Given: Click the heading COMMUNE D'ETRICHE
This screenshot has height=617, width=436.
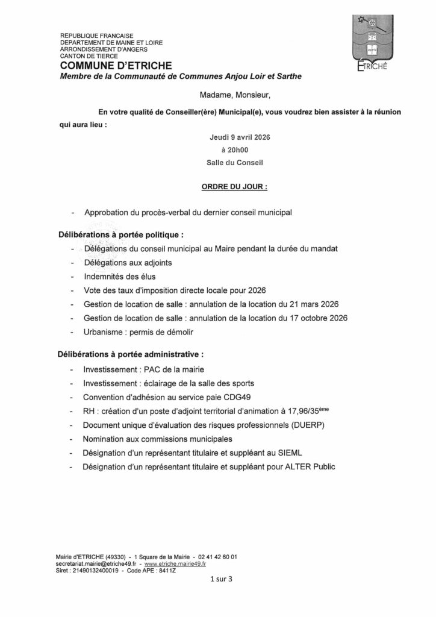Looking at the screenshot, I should click(116, 65).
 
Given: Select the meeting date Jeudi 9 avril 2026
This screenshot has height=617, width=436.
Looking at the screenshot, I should click(239, 137).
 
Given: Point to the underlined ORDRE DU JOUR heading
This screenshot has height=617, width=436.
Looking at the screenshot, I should click(234, 187).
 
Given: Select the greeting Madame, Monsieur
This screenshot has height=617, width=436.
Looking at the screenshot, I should click(235, 95).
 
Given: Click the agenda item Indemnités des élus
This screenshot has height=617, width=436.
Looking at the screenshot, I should click(111, 277).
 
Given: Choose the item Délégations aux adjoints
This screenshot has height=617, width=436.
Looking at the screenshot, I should click(123, 263).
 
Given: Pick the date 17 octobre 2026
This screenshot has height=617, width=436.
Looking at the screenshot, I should click(317, 318).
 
